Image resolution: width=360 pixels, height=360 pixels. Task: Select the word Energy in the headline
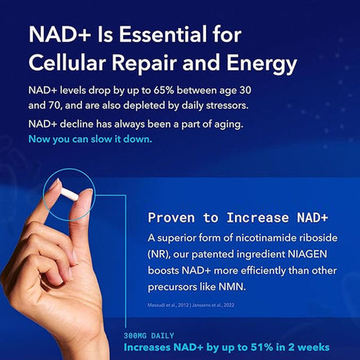[258, 62]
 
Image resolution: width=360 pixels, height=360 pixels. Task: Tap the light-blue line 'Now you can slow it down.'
[90, 140]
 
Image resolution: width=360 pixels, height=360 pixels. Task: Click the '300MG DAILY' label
[149, 335]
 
